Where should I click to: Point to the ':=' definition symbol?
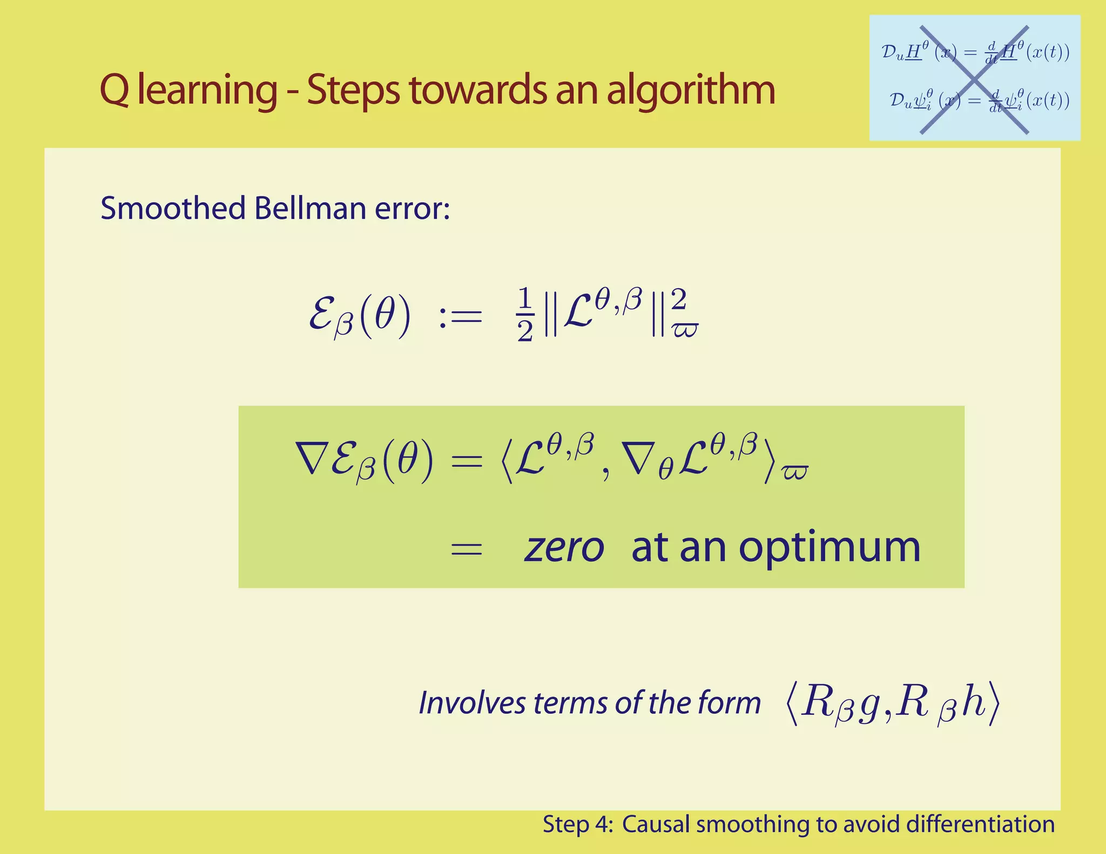tap(460, 316)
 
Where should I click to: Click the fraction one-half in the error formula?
tap(524, 315)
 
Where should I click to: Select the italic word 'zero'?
tap(564, 548)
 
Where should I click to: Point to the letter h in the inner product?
tap(975, 703)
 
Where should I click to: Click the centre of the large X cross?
tap(974, 80)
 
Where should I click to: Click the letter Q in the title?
tap(114, 91)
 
